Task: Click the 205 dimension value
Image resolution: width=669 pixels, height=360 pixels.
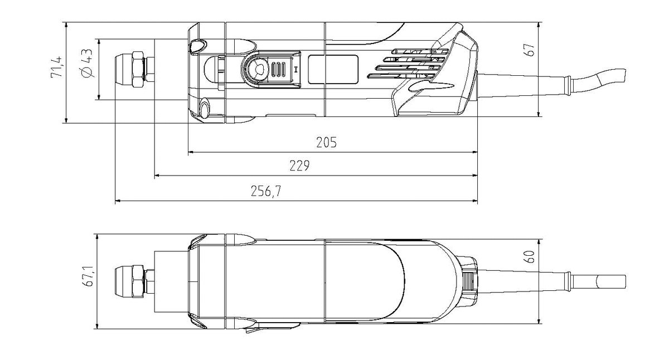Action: pyautogui.click(x=326, y=143)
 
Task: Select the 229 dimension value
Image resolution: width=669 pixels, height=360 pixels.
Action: pyautogui.click(x=299, y=166)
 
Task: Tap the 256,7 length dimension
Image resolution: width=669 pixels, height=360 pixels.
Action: pyautogui.click(x=266, y=191)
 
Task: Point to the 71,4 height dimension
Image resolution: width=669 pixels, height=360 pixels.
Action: pyautogui.click(x=56, y=67)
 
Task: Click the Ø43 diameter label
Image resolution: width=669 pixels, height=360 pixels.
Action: pyautogui.click(x=87, y=64)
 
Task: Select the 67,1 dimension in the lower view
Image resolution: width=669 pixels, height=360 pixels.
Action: pyautogui.click(x=89, y=276)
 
